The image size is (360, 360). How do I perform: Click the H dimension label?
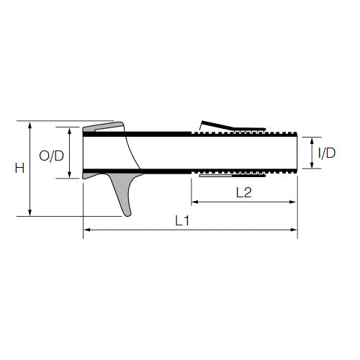tap(19, 168)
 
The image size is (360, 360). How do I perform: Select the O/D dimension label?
tap(51, 156)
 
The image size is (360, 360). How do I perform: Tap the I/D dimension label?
tap(327, 153)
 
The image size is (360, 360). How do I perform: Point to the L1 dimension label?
tap(182, 221)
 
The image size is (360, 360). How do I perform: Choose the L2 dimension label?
tap(244, 193)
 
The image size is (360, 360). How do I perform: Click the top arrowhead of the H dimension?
tap(30, 125)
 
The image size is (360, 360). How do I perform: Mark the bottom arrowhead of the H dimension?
tap(30, 212)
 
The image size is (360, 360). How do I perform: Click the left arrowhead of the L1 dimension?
tap(87, 230)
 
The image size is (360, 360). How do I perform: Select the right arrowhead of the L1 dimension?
tap(294, 230)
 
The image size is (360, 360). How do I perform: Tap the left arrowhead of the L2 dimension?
tap(195, 202)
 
